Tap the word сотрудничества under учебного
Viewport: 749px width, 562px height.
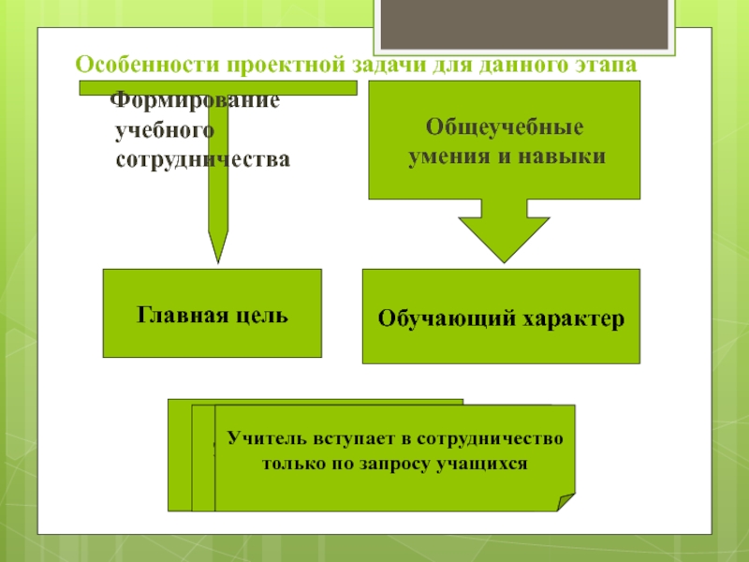point(202,160)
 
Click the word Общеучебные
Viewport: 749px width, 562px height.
point(505,126)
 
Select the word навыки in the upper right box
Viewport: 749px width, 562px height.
point(565,155)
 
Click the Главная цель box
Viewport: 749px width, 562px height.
point(212,314)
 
